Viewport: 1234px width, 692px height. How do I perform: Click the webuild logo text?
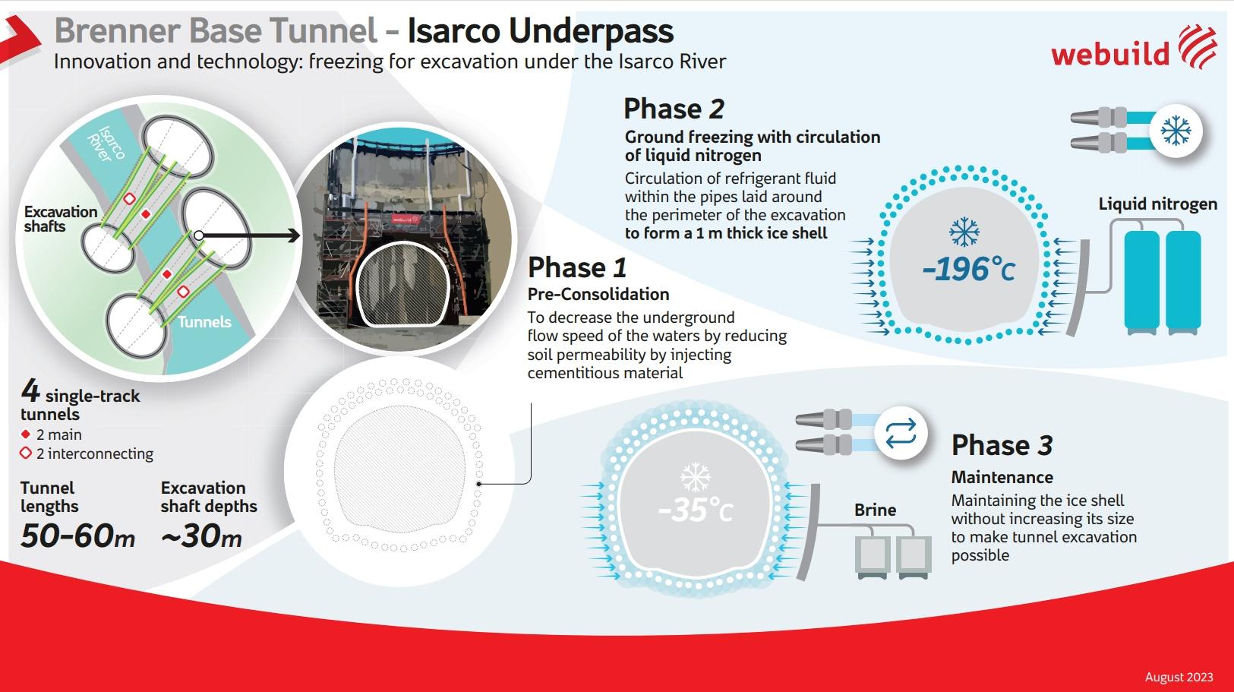[x=1110, y=53]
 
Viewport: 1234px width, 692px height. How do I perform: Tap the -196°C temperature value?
[x=968, y=270]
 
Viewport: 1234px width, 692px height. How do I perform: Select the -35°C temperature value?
[x=695, y=510]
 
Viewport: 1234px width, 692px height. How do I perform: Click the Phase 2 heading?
[x=674, y=109]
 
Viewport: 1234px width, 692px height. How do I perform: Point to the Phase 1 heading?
[x=577, y=267]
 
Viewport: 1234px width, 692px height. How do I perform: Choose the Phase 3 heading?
[x=1002, y=445]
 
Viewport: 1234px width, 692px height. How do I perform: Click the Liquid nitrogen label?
[x=1157, y=204]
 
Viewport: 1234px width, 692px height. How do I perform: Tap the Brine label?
[x=875, y=510]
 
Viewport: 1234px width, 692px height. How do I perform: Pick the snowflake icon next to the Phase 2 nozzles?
[x=1176, y=131]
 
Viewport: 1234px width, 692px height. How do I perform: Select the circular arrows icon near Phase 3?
[x=901, y=434]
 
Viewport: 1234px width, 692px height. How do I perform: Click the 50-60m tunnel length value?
[x=77, y=536]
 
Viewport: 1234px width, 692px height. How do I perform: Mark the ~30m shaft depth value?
[x=201, y=536]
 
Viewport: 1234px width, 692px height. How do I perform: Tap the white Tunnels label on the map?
[x=204, y=322]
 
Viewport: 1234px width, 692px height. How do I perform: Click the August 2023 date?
[x=1179, y=677]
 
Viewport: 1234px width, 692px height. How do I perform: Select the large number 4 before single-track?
[x=30, y=392]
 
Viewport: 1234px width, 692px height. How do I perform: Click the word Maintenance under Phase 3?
[x=1002, y=477]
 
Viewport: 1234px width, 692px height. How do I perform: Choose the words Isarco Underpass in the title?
[x=540, y=31]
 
